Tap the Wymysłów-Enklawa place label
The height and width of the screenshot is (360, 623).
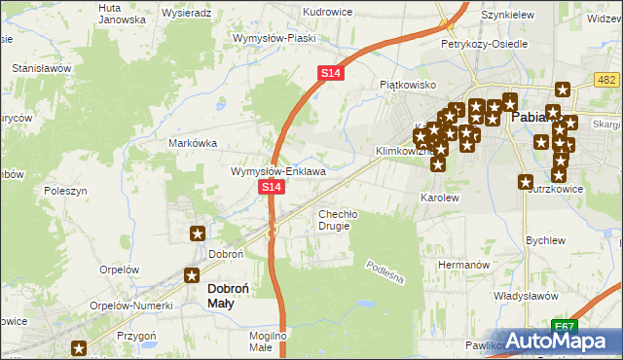point(277,171)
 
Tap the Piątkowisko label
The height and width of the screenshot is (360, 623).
point(407,85)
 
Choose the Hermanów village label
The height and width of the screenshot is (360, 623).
point(461,264)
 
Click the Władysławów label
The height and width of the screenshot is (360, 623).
point(524,295)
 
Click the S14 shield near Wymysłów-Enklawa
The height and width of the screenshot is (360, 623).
point(272,186)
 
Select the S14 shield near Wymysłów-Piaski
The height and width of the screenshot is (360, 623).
point(330,73)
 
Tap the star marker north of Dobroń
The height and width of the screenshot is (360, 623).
point(198,233)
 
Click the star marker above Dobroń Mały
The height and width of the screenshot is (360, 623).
point(193,274)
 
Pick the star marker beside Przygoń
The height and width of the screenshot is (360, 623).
point(79,347)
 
